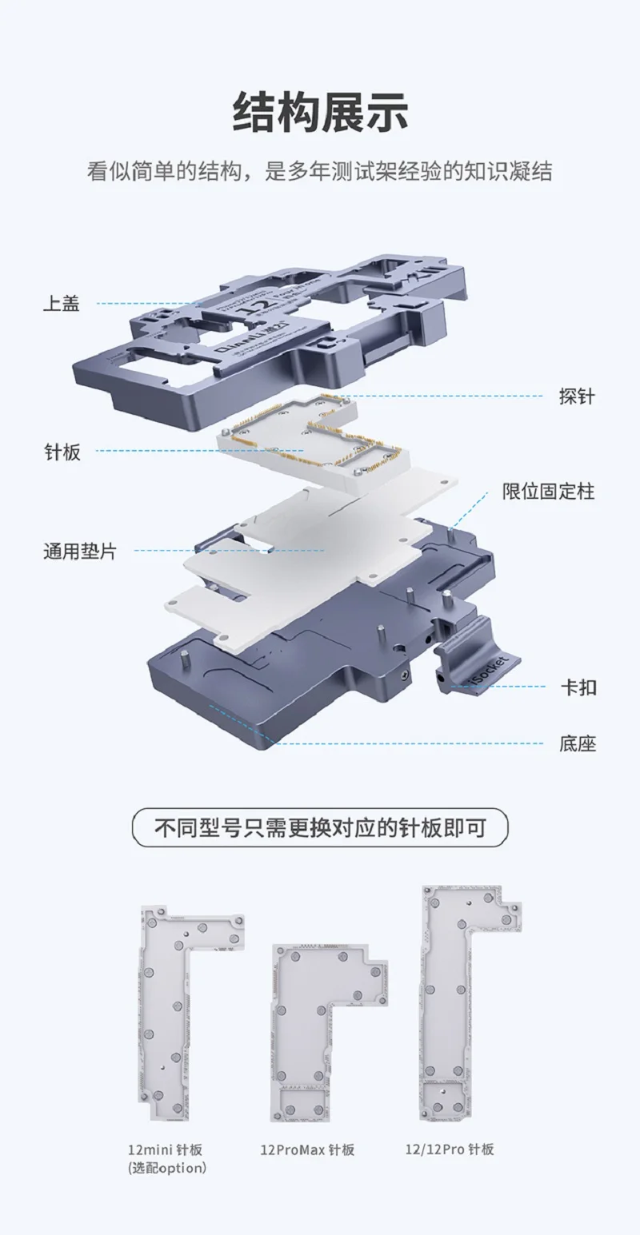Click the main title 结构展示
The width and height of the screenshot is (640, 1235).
coord(320,111)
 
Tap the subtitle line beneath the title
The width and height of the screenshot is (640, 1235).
coord(320,171)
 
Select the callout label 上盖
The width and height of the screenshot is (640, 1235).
coord(62,304)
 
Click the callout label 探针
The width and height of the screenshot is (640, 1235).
coord(576,396)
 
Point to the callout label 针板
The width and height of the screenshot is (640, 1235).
coord(62,452)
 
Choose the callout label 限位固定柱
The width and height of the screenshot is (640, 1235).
coord(549,491)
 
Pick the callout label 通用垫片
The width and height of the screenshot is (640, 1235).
coord(79,551)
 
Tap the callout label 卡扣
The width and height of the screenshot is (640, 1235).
coord(578,687)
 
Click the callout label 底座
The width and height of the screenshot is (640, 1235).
coord(578,744)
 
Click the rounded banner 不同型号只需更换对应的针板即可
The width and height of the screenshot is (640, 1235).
coord(320,827)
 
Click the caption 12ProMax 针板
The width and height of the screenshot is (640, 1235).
coord(306,1150)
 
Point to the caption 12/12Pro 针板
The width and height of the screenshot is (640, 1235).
coord(449,1149)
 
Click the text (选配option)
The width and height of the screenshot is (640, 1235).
coord(166,1168)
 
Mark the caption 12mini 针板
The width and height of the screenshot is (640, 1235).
coord(165,1150)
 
